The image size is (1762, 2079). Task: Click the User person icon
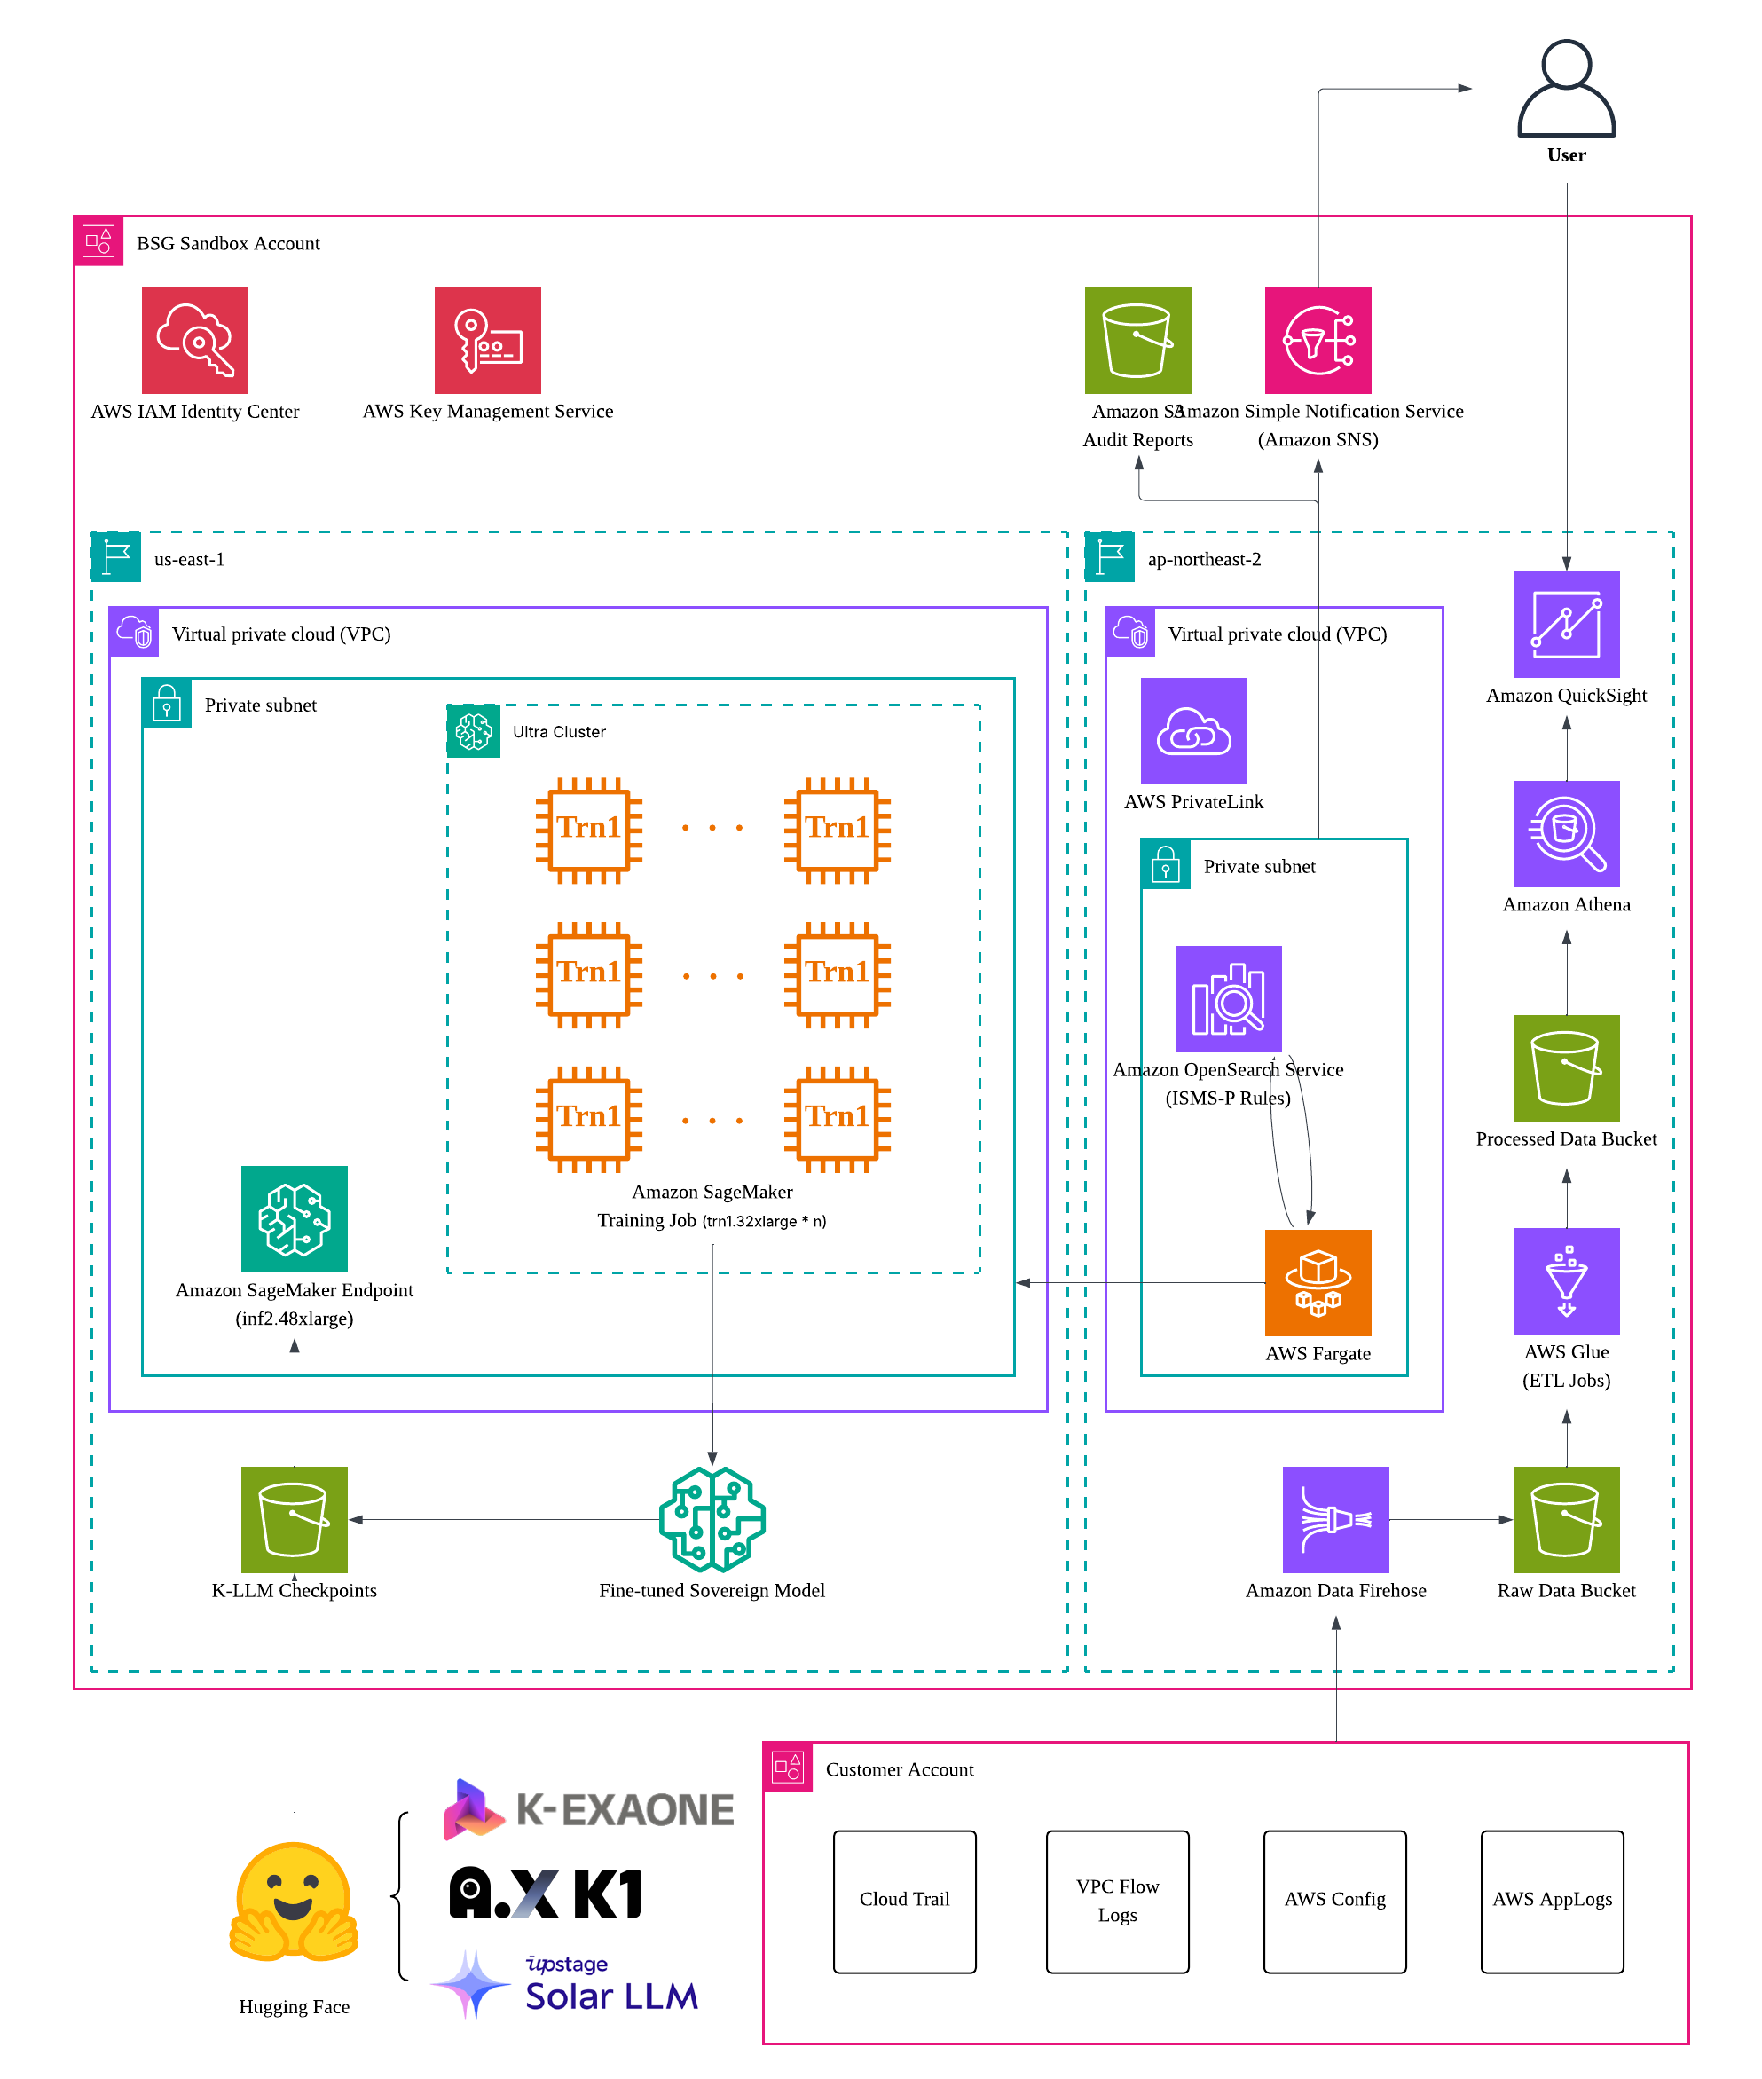(x=1565, y=89)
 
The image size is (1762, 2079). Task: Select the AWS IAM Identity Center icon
(x=195, y=341)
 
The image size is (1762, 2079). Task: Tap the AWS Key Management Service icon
(x=487, y=341)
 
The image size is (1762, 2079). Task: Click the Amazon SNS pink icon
(x=1318, y=341)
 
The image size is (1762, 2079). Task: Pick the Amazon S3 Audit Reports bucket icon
(x=1137, y=341)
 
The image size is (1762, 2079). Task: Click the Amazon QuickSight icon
(x=1565, y=625)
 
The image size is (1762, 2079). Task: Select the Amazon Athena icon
(x=1565, y=833)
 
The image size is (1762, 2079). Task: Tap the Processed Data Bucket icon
(x=1565, y=1068)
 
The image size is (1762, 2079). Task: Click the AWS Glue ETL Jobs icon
(x=1565, y=1280)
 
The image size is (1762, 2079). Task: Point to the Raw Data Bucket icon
(x=1565, y=1519)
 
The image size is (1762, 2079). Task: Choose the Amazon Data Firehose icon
(x=1335, y=1519)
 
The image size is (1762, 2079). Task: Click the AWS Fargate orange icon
(x=1318, y=1283)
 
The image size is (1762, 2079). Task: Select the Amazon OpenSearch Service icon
(x=1228, y=999)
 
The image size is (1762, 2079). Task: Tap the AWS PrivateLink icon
(x=1193, y=731)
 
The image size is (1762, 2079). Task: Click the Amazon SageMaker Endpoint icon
(x=295, y=1219)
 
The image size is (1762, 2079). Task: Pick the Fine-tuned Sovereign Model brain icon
(x=712, y=1519)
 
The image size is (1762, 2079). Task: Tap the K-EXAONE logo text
(x=625, y=1810)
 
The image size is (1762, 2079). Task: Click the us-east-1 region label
(x=189, y=560)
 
